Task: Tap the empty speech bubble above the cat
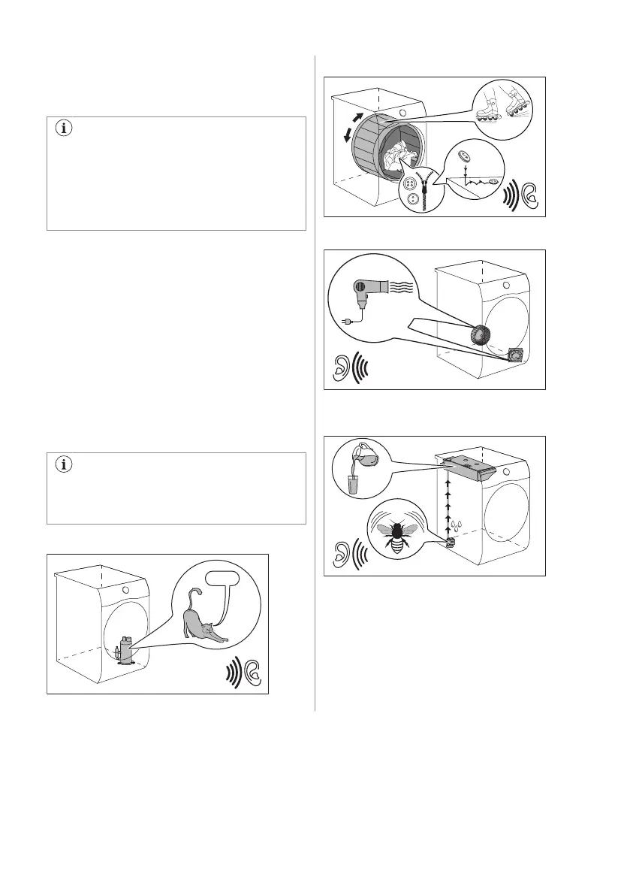[213, 580]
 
